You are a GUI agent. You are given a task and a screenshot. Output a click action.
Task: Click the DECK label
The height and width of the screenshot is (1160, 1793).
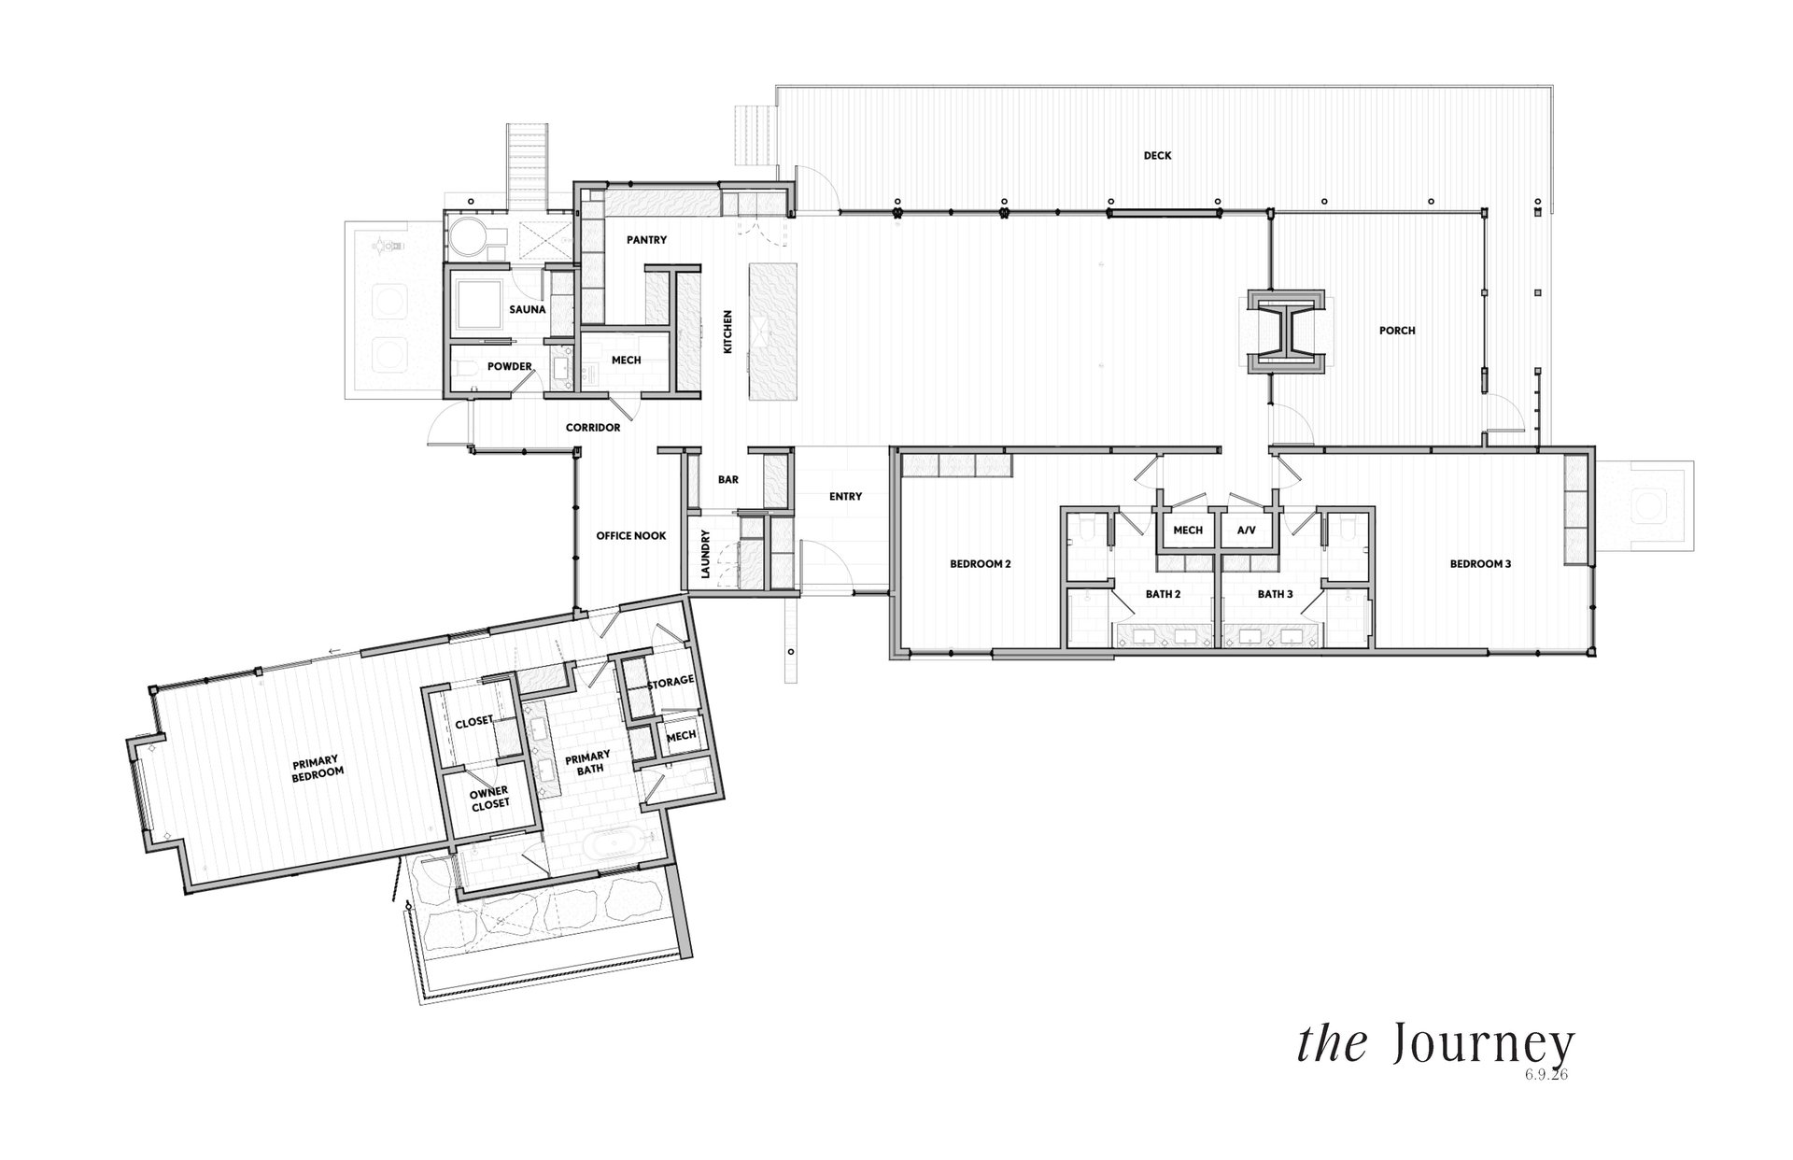(x=1157, y=156)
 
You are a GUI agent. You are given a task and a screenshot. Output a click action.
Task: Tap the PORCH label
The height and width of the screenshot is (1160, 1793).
(x=1397, y=331)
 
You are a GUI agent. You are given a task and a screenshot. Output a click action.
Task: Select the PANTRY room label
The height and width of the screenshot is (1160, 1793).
(x=646, y=240)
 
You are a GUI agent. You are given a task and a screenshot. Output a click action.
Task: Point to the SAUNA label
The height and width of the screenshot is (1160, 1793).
(x=528, y=309)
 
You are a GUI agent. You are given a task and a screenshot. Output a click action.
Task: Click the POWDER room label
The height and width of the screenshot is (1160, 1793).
(x=509, y=366)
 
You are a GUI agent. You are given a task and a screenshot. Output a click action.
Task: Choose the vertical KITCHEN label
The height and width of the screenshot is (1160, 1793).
(x=728, y=332)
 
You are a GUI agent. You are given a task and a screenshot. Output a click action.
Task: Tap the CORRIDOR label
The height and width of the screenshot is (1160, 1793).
(x=593, y=428)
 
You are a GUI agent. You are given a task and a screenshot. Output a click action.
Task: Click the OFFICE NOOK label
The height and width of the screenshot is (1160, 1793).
(x=631, y=536)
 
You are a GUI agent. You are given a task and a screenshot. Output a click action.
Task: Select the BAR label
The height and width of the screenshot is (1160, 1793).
(x=728, y=480)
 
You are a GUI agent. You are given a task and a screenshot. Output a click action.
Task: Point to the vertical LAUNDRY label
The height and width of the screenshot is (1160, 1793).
(x=706, y=555)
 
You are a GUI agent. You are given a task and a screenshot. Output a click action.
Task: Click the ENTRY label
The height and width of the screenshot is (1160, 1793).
(x=845, y=497)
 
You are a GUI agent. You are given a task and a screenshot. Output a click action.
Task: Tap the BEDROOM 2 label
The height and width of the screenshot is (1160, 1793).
(x=981, y=564)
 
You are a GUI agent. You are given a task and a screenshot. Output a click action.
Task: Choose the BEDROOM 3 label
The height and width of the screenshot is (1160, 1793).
(x=1480, y=564)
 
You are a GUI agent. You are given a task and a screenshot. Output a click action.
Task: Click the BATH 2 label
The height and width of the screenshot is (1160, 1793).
(x=1164, y=594)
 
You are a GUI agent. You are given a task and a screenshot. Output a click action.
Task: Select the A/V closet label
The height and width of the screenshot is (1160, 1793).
(x=1247, y=530)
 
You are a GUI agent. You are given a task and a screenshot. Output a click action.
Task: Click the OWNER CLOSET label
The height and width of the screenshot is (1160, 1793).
(x=490, y=799)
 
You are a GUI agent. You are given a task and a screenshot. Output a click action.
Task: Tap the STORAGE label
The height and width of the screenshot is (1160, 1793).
(x=671, y=681)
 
